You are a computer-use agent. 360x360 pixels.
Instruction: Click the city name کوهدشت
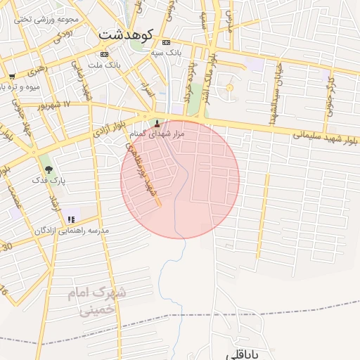pyautogui.click(x=126, y=34)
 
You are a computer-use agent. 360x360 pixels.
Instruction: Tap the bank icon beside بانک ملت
pyautogui.click(x=105, y=54)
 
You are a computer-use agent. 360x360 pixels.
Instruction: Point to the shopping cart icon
pyautogui.click(x=12, y=76)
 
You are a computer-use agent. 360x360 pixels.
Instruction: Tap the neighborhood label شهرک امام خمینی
pyautogui.click(x=98, y=301)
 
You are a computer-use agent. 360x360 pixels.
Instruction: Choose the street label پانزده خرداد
pyautogui.click(x=188, y=83)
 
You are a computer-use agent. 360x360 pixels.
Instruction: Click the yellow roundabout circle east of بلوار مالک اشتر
pyautogui.click(x=229, y=87)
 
